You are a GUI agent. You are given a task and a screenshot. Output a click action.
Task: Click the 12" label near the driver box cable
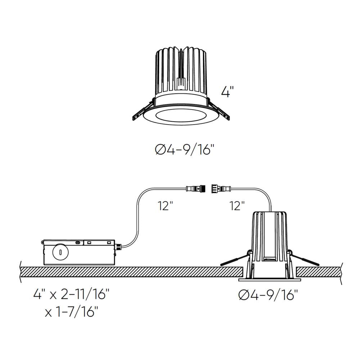tap(165, 206)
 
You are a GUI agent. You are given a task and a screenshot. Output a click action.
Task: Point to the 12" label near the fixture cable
tap(237, 206)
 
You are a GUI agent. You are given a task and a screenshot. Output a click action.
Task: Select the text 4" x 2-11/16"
tap(71, 295)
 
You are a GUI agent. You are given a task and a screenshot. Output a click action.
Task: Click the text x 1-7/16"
tap(71, 311)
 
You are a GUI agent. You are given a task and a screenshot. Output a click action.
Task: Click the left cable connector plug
tap(197, 188)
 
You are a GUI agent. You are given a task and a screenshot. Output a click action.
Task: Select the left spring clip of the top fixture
tap(141, 112)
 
